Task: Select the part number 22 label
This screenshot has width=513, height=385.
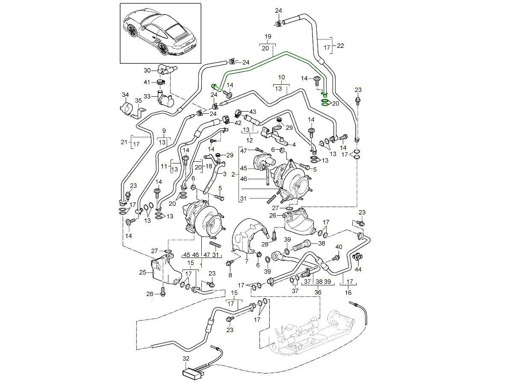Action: click(340, 46)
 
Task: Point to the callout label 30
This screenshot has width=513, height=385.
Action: click(147, 70)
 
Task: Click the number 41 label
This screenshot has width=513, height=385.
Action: click(147, 82)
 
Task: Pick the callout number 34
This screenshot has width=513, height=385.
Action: click(125, 94)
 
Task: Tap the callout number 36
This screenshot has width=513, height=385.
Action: click(318, 292)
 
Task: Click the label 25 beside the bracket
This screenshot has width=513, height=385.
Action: click(143, 272)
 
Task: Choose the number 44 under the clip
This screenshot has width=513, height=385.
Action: click(358, 269)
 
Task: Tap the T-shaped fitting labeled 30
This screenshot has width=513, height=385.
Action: click(164, 70)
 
